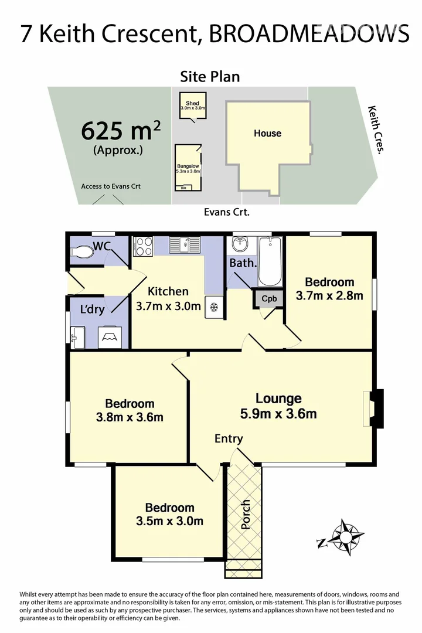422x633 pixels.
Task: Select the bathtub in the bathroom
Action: point(271,260)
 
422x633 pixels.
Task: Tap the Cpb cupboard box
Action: point(269,298)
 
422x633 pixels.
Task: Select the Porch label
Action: point(246,514)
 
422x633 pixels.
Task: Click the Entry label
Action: point(229,438)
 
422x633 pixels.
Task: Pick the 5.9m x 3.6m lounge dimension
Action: point(278,414)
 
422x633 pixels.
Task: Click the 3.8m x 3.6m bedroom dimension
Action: point(130,417)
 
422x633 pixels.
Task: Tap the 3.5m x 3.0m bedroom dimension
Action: point(169,521)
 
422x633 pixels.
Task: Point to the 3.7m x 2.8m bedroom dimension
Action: point(325,296)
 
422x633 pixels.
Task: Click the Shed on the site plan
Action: point(192,106)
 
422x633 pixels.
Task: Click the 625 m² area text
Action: point(120,130)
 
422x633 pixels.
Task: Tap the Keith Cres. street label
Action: point(376,130)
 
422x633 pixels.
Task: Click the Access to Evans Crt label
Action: point(111,186)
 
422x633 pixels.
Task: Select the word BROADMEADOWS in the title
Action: point(309,33)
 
